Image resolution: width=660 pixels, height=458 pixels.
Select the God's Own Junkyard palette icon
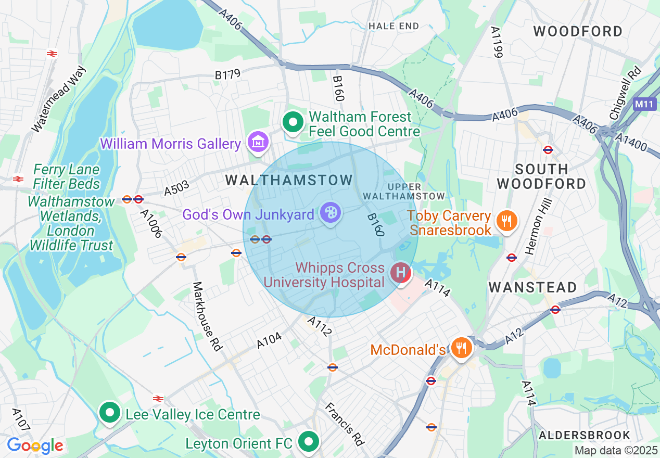pos(330,212)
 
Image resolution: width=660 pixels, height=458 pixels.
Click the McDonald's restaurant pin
pos(461,347)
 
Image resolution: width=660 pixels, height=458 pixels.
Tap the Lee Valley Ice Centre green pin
pos(110,413)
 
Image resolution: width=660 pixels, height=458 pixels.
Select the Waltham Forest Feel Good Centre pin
pos(293,123)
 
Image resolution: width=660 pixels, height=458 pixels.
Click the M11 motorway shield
pos(644,104)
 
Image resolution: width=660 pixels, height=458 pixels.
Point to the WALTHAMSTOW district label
pos(289,181)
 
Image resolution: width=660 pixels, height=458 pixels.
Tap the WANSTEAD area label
pos(533,287)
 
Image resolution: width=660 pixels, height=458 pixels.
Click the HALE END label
pos(393,26)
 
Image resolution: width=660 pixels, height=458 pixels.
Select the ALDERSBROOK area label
pos(585,435)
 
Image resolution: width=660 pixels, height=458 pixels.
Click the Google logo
pos(35,446)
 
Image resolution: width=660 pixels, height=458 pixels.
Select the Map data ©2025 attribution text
pos(616,450)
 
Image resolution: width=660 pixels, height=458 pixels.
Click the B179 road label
pos(227,75)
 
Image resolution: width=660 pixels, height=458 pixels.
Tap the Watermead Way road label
pos(58,99)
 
